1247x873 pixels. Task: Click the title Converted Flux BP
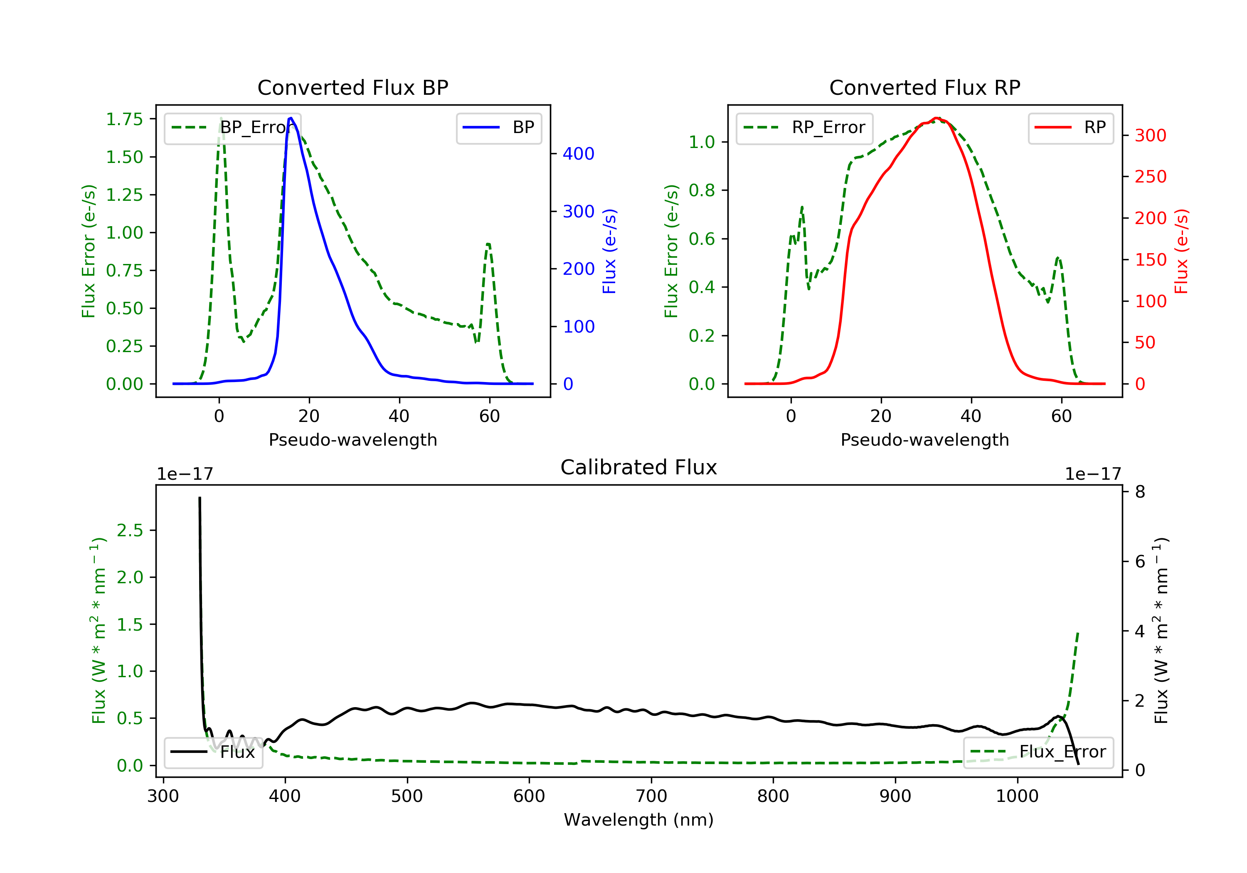[352, 87]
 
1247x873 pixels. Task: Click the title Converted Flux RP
[924, 87]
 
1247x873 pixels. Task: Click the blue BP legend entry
[499, 128]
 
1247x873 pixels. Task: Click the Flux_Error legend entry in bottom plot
[1038, 752]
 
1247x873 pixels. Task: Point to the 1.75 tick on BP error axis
[124, 119]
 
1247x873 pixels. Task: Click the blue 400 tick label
[579, 154]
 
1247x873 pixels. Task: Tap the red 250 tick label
[1150, 177]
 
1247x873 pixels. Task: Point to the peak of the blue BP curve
[291, 118]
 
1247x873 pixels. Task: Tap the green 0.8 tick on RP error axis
[702, 190]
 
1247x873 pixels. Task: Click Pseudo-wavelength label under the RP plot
[924, 439]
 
